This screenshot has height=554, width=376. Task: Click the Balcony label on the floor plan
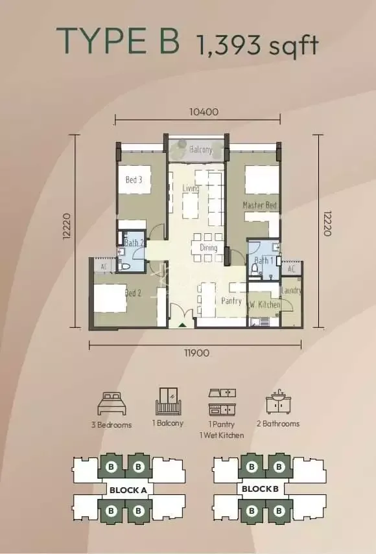(201, 150)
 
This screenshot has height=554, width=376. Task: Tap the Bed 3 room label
(134, 179)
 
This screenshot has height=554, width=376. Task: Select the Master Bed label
(260, 205)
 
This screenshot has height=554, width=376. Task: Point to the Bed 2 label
(133, 293)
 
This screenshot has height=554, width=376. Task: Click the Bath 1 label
(263, 261)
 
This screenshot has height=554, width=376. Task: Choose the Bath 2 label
(134, 244)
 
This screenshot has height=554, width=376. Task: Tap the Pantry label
(231, 301)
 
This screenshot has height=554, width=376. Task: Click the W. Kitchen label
(265, 304)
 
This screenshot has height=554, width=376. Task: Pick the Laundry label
(292, 291)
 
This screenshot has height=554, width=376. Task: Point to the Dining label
(209, 248)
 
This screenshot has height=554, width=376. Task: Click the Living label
(191, 189)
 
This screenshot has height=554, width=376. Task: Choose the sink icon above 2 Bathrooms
(282, 402)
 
